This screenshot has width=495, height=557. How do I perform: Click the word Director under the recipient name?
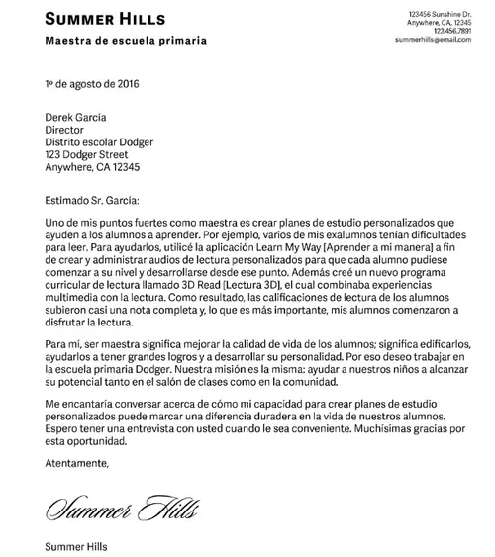coord(66,129)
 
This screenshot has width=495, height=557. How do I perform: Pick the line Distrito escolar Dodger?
coord(100,141)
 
